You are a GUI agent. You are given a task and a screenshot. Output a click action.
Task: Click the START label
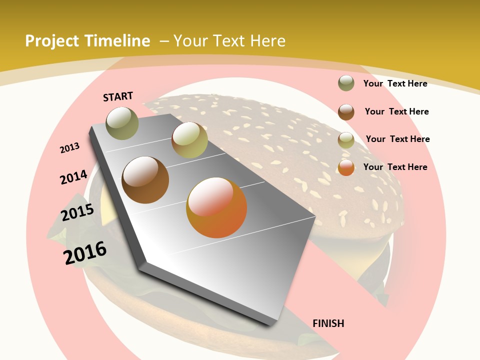(x=118, y=96)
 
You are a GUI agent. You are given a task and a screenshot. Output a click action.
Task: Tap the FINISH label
(x=328, y=323)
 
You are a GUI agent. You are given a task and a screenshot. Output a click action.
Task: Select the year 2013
(x=69, y=148)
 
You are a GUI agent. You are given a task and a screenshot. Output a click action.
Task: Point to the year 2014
(x=73, y=177)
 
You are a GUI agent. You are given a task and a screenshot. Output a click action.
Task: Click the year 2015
(x=77, y=212)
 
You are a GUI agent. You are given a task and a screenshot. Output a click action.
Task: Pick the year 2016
(x=85, y=253)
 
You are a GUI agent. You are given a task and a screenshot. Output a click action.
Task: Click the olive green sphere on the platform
(x=122, y=123)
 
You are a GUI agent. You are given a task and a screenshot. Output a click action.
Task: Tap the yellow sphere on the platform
(x=189, y=140)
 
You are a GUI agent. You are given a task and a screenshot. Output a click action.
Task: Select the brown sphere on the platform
(x=145, y=180)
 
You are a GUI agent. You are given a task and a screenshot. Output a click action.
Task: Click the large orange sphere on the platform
(x=216, y=207)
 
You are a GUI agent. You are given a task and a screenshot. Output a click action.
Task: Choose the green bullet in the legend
(x=346, y=83)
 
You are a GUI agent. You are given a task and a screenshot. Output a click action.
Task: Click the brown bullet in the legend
(x=346, y=111)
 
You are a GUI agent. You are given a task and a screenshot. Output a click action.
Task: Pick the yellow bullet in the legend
(x=346, y=140)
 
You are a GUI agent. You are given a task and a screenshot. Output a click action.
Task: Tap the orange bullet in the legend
(x=346, y=167)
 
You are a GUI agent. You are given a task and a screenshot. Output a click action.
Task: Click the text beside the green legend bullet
(x=395, y=83)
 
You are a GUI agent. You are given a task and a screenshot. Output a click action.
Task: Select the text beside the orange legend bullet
(x=395, y=167)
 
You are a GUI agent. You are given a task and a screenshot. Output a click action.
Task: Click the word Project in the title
(x=51, y=41)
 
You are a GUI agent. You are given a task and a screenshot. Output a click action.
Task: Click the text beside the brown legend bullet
(x=396, y=111)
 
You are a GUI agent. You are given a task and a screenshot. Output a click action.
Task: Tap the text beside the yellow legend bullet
(x=397, y=139)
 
